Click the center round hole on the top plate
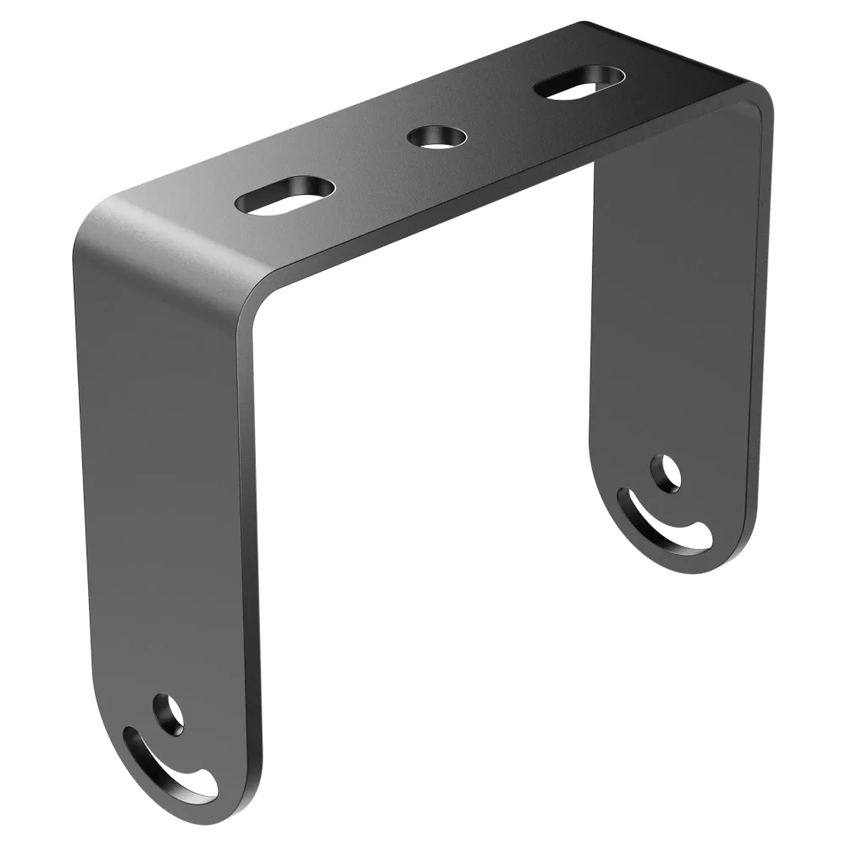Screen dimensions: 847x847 (436, 136)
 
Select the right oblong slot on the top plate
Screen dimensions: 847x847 (579, 82)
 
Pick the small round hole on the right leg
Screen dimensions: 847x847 (665, 473)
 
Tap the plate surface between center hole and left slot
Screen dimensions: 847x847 (364, 165)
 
